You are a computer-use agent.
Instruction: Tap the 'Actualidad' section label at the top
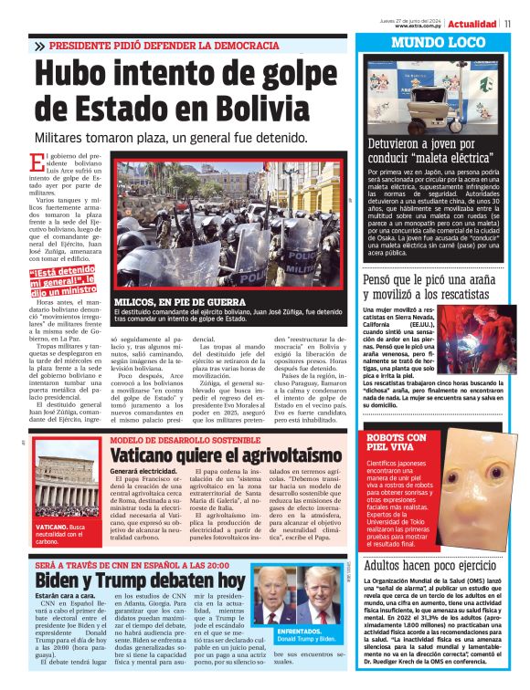coord(475,24)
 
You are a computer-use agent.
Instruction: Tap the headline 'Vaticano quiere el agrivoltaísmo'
coord(213,455)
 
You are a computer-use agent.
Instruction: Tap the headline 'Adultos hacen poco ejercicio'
coord(432,565)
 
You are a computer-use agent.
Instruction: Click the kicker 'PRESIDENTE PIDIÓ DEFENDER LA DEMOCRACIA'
coord(164,45)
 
